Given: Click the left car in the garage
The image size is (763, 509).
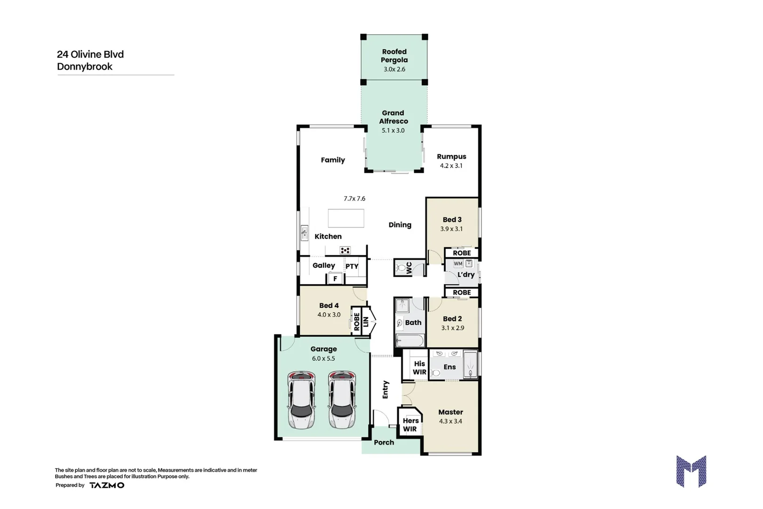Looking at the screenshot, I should (x=301, y=400).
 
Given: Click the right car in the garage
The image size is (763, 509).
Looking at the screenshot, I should (x=342, y=400).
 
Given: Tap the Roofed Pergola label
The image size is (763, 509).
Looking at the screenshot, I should (x=394, y=56).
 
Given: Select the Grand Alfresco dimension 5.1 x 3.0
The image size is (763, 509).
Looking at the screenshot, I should (x=393, y=131).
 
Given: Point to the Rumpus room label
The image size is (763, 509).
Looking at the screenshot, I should (x=451, y=156).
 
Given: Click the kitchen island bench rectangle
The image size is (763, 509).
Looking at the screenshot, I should (x=346, y=218).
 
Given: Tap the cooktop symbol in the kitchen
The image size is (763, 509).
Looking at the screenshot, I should (x=345, y=250).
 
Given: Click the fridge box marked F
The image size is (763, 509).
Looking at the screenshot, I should (x=335, y=279).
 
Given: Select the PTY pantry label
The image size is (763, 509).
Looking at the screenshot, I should (x=352, y=266).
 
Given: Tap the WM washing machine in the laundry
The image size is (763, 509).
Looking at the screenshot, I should (x=458, y=263).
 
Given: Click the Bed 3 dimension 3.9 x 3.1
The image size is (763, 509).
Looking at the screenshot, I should (x=451, y=229).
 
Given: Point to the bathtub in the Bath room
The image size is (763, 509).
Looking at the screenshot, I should (x=409, y=340).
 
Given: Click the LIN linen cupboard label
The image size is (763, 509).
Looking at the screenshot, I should (x=366, y=321).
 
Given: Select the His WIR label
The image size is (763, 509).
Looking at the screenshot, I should (x=419, y=368).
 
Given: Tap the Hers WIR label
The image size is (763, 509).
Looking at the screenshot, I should (x=410, y=425).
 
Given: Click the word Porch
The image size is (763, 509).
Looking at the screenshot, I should (x=384, y=443).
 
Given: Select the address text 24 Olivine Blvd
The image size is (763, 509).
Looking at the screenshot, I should (x=90, y=54).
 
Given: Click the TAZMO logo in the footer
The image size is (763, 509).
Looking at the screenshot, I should (x=107, y=485).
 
